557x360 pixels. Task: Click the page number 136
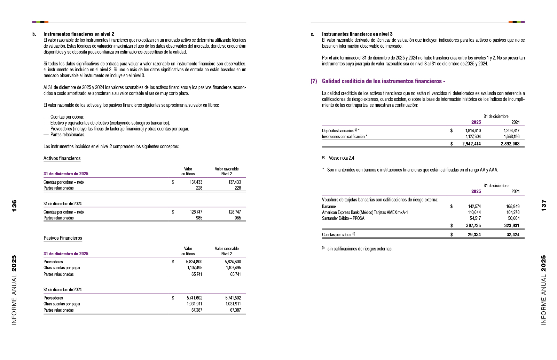14,206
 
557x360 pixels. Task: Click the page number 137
543,206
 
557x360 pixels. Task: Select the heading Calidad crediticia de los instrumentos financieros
383,81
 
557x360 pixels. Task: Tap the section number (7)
314,81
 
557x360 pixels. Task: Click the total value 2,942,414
471,144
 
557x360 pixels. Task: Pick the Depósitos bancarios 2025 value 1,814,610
473,130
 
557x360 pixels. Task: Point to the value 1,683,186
511,136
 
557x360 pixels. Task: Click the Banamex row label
329,206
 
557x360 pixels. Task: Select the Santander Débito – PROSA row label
343,218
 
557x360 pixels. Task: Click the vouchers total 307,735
473,225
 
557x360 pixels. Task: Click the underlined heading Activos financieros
62,158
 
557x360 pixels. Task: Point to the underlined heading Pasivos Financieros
63,238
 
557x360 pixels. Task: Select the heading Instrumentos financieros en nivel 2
79,34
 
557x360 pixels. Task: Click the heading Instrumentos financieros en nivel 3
357,34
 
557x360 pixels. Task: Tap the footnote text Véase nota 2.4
341,158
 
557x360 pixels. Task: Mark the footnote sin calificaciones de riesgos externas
360,249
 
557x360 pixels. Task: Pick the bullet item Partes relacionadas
68,135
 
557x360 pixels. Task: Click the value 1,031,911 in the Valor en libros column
194,304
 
